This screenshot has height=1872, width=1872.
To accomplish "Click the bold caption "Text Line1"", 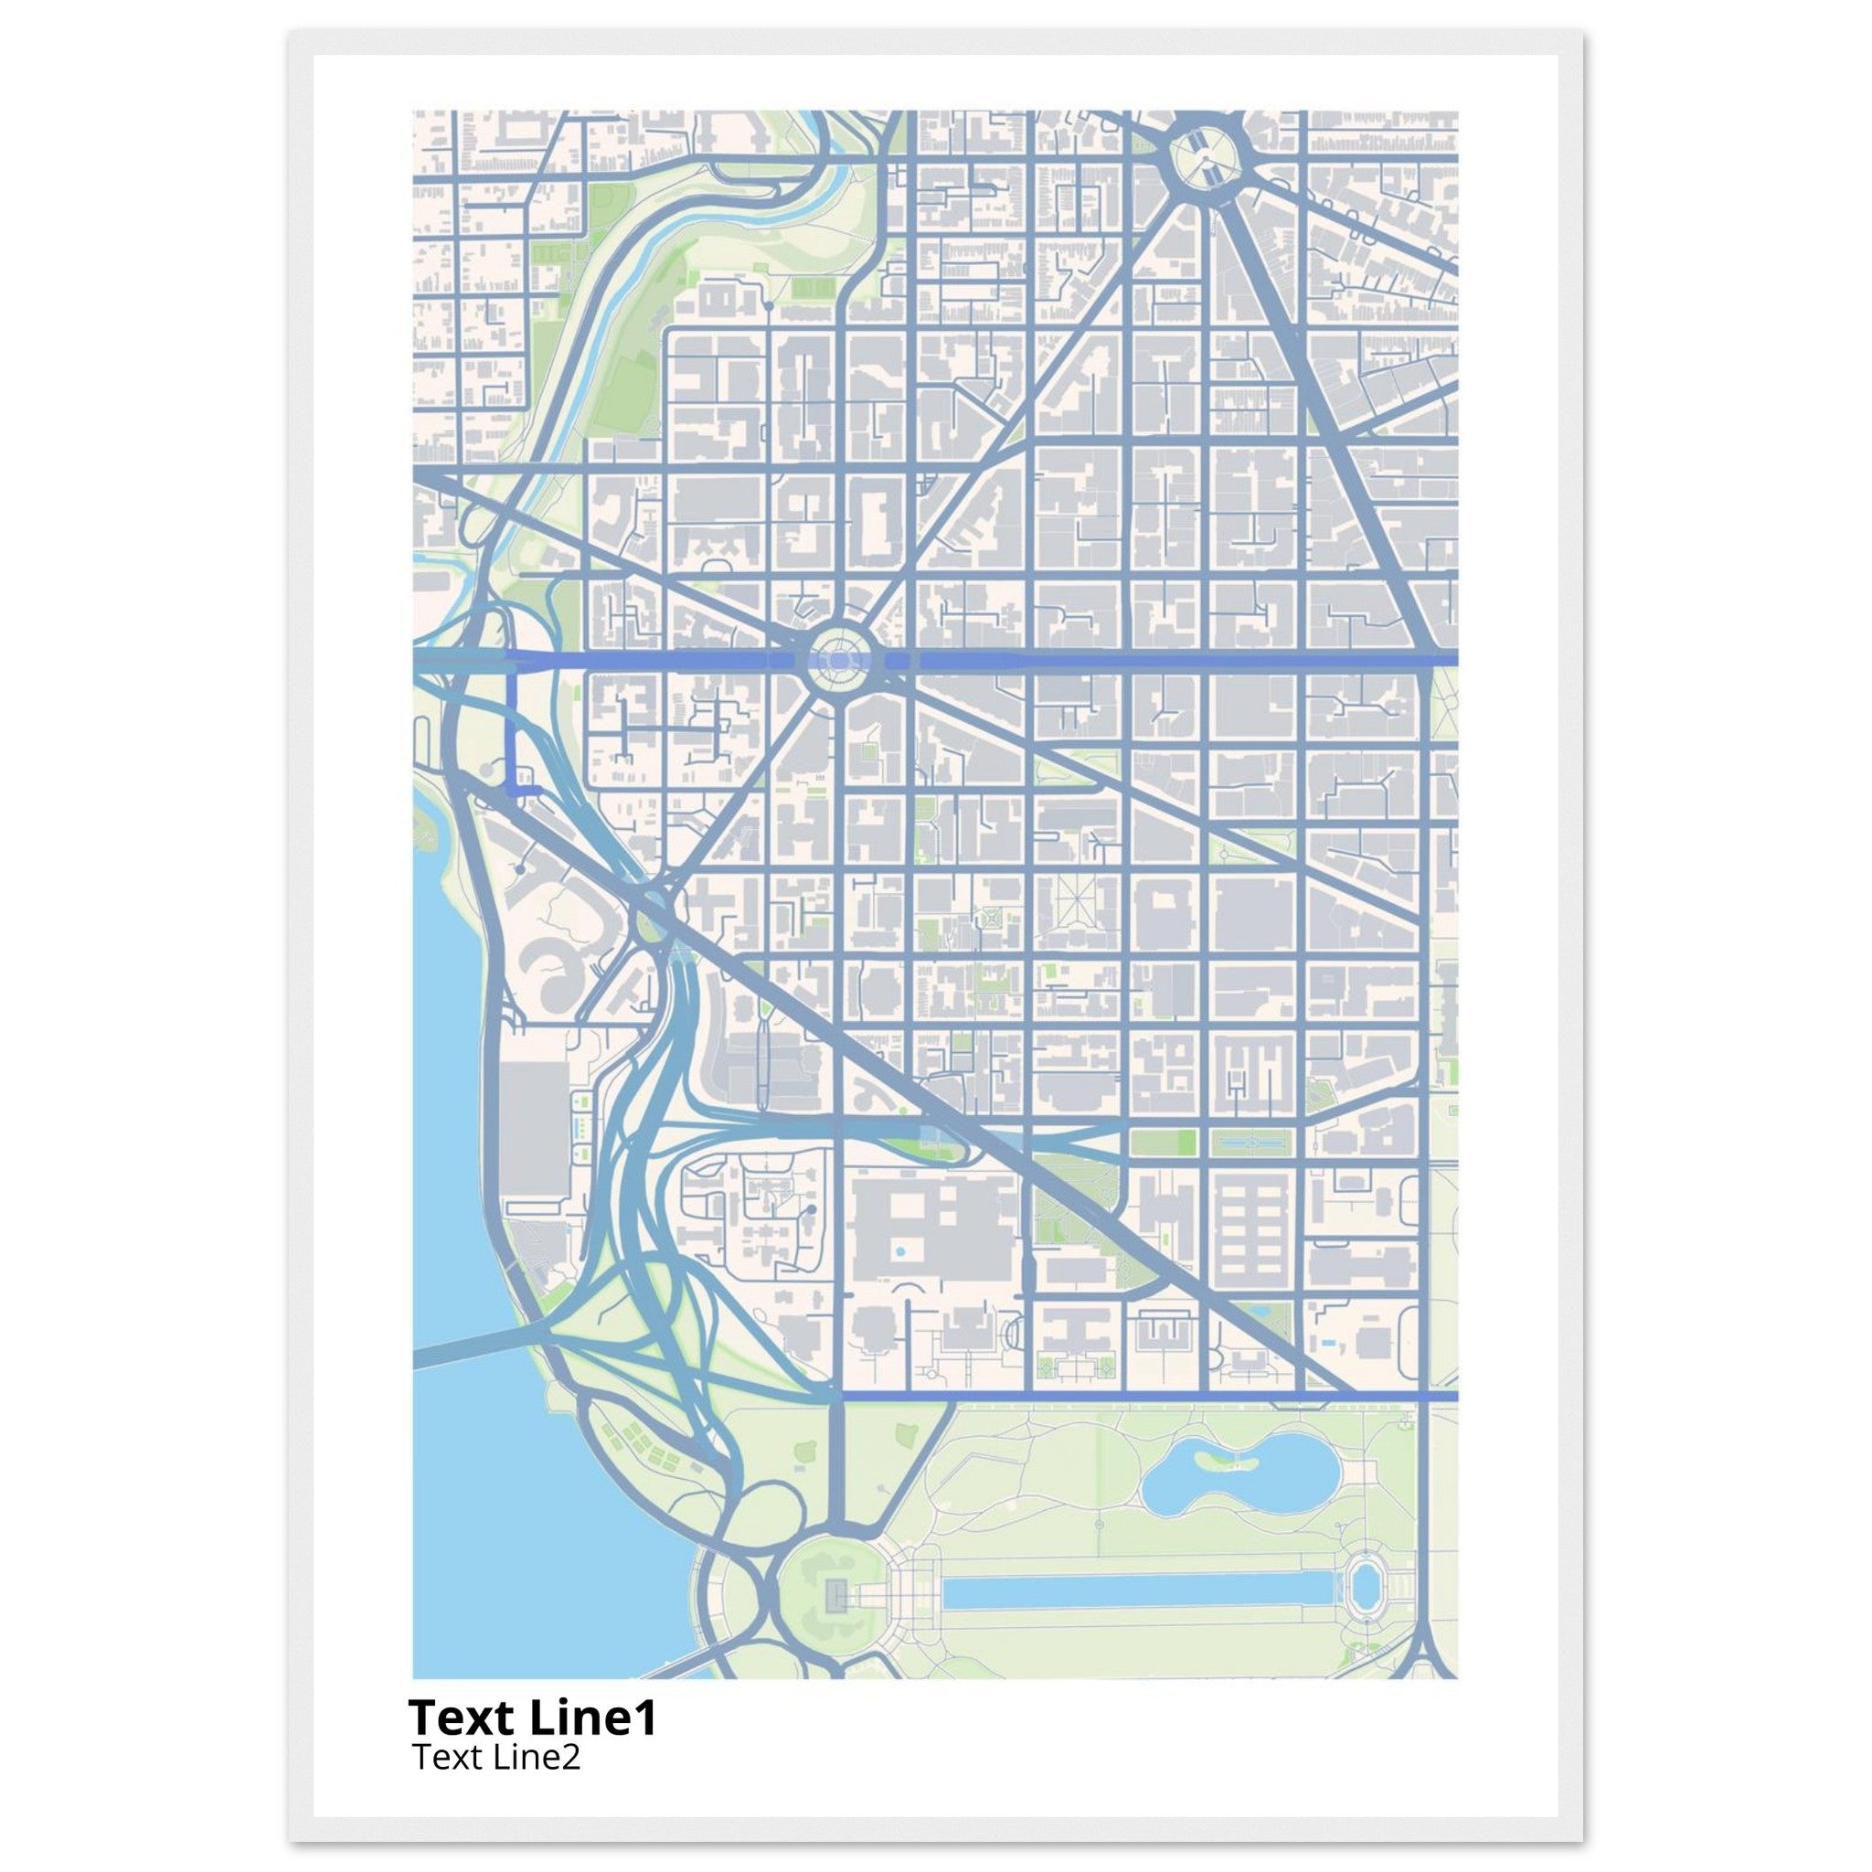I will pyautogui.click(x=532, y=1718).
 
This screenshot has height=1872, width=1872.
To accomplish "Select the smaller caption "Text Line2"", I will pyautogui.click(x=496, y=1756).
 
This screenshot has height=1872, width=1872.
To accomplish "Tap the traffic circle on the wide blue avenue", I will pyautogui.click(x=838, y=660).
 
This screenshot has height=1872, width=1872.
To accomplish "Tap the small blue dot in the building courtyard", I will pyautogui.click(x=901, y=1252).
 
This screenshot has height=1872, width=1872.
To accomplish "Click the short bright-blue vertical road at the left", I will pyautogui.click(x=512, y=731).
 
